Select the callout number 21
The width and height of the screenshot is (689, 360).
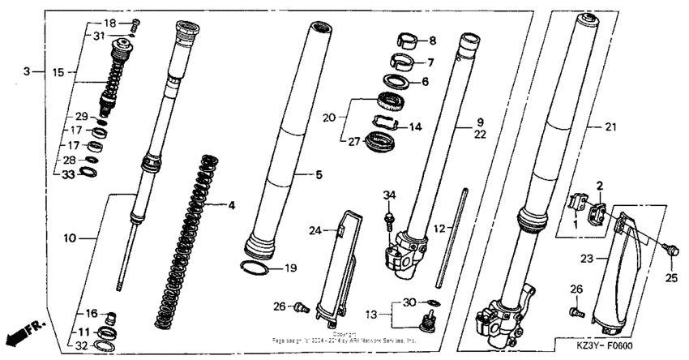click(x=612, y=127)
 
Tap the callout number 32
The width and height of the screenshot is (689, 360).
click(x=81, y=345)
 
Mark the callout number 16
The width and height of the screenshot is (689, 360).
click(x=92, y=312)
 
